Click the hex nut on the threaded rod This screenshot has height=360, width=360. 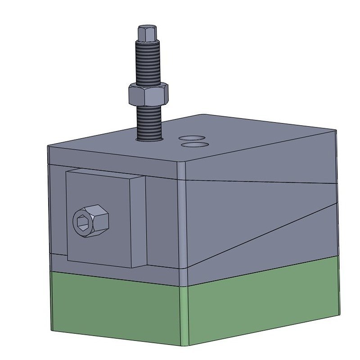point(148,94)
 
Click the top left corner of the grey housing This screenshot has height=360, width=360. point(49,147)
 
